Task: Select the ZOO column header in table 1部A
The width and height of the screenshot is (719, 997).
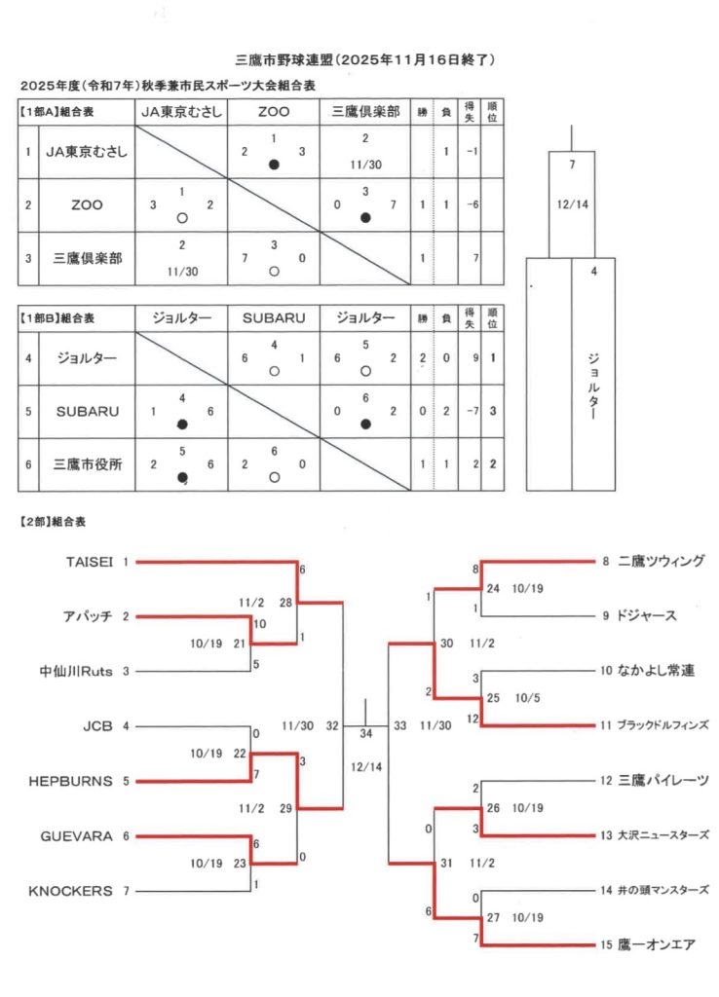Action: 274,112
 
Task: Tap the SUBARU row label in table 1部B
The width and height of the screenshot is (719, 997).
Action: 86,411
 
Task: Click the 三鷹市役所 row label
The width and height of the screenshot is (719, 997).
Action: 86,463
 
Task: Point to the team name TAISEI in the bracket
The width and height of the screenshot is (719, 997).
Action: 90,562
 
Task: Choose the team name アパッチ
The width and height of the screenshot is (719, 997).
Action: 89,616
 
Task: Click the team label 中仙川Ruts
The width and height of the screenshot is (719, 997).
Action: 77,671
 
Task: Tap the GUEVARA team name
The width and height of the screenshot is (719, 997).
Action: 77,835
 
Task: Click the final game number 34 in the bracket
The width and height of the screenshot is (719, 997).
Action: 365,733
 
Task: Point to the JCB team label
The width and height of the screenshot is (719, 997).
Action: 98,725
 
